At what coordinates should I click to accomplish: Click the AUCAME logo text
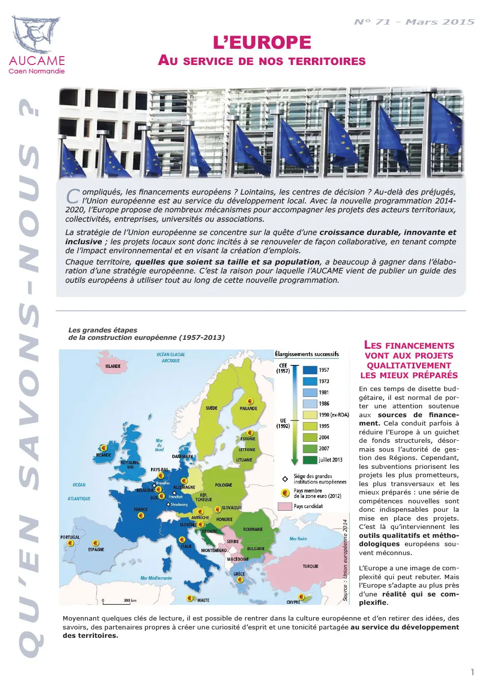(x=37, y=61)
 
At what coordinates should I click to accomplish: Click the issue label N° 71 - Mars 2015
(x=414, y=22)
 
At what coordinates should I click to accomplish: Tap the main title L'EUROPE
(x=262, y=43)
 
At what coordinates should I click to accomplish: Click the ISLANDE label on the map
(x=113, y=366)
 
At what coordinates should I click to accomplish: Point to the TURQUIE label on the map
(x=310, y=566)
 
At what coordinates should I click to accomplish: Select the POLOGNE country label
(x=223, y=485)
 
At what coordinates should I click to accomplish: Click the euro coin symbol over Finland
(x=250, y=401)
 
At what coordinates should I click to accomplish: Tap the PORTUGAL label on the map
(x=70, y=537)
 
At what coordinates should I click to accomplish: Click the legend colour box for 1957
(x=309, y=370)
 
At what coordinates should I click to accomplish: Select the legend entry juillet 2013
(x=330, y=460)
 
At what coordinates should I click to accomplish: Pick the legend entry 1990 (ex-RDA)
(x=334, y=415)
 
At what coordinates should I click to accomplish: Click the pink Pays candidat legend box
(x=285, y=506)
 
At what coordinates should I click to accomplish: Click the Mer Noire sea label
(x=298, y=539)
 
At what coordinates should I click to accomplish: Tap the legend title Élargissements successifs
(x=306, y=354)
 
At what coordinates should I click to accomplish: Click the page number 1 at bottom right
(x=473, y=672)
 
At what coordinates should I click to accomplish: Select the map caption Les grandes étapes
(x=103, y=330)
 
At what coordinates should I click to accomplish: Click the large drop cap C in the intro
(x=72, y=196)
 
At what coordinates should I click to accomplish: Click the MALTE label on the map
(x=203, y=600)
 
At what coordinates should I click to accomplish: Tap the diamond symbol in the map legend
(x=285, y=479)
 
